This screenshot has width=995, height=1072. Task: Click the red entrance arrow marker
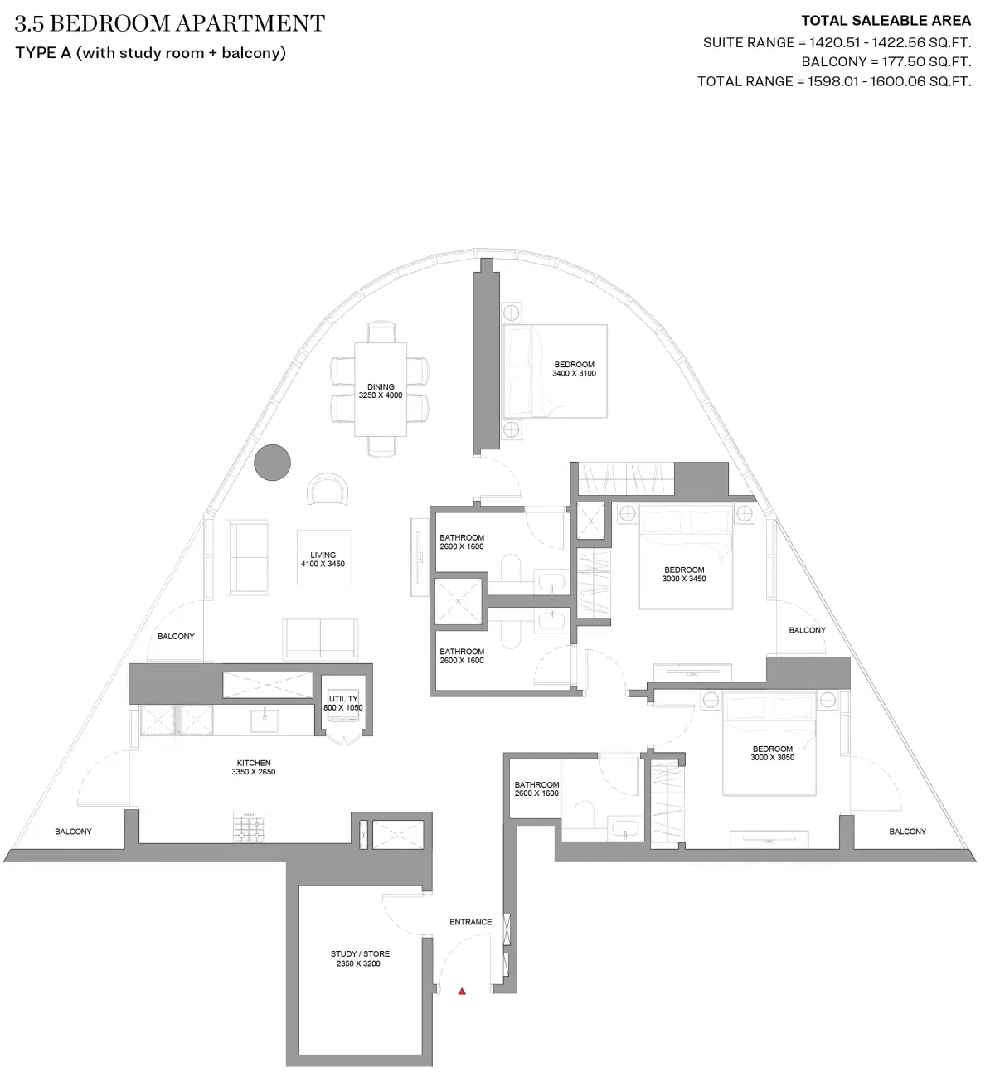coord(463,990)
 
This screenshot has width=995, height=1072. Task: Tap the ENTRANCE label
coord(470,922)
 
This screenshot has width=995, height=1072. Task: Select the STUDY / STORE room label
coord(360,954)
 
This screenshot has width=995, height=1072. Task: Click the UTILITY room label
coord(343,699)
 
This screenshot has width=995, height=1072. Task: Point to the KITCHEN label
coord(254,763)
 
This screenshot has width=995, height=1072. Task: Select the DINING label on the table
coord(381,386)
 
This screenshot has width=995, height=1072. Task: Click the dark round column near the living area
coord(272,463)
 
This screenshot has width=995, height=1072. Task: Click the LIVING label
coord(323,555)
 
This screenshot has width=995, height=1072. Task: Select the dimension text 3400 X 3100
coord(574,374)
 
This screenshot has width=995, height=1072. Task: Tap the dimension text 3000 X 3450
coord(684,579)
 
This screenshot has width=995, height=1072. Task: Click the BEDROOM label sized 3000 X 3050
coord(772,749)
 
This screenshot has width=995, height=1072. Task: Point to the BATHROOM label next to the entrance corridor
coord(536,784)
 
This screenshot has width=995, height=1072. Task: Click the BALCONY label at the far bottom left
coord(73,832)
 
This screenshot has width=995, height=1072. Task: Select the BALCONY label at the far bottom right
coord(907,832)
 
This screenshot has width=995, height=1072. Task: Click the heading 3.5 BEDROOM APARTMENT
coord(170,24)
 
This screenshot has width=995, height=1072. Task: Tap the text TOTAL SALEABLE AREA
coord(886,22)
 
